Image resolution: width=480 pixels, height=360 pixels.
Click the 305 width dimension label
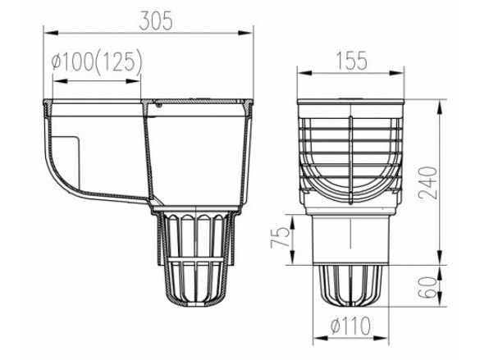coord(156,21)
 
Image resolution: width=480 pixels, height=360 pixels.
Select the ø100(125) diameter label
coord(97,62)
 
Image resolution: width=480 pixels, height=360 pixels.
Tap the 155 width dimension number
coord(351,61)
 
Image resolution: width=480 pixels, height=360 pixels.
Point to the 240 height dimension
coord(428,183)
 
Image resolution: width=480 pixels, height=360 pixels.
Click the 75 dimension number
coord(280,237)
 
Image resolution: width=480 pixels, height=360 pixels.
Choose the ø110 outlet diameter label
coord(351,326)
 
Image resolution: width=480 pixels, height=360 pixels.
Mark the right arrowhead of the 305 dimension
coord(245,33)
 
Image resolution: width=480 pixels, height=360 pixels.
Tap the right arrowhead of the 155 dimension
coord(396,73)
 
